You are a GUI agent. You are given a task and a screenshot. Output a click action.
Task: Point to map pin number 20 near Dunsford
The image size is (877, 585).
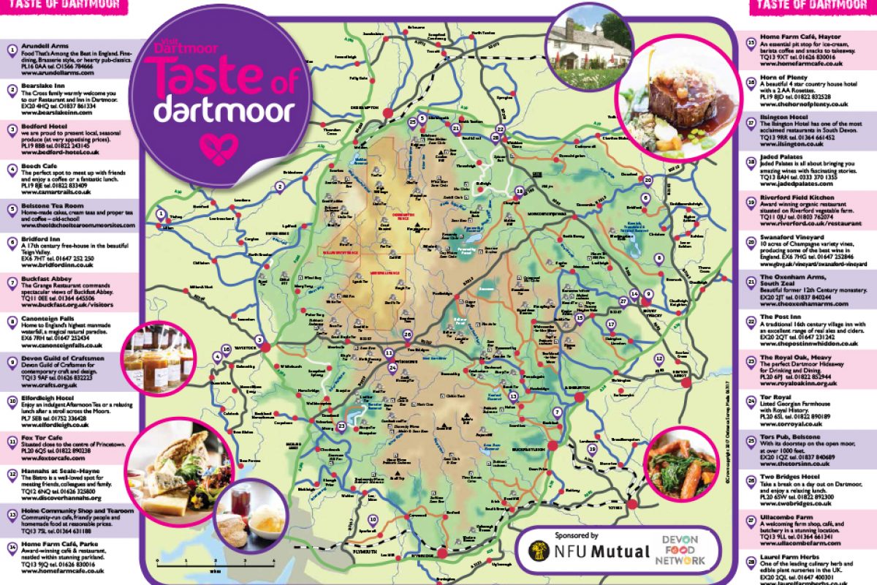[647, 179]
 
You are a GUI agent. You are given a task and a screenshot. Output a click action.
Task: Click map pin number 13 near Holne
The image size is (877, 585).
[514, 396]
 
